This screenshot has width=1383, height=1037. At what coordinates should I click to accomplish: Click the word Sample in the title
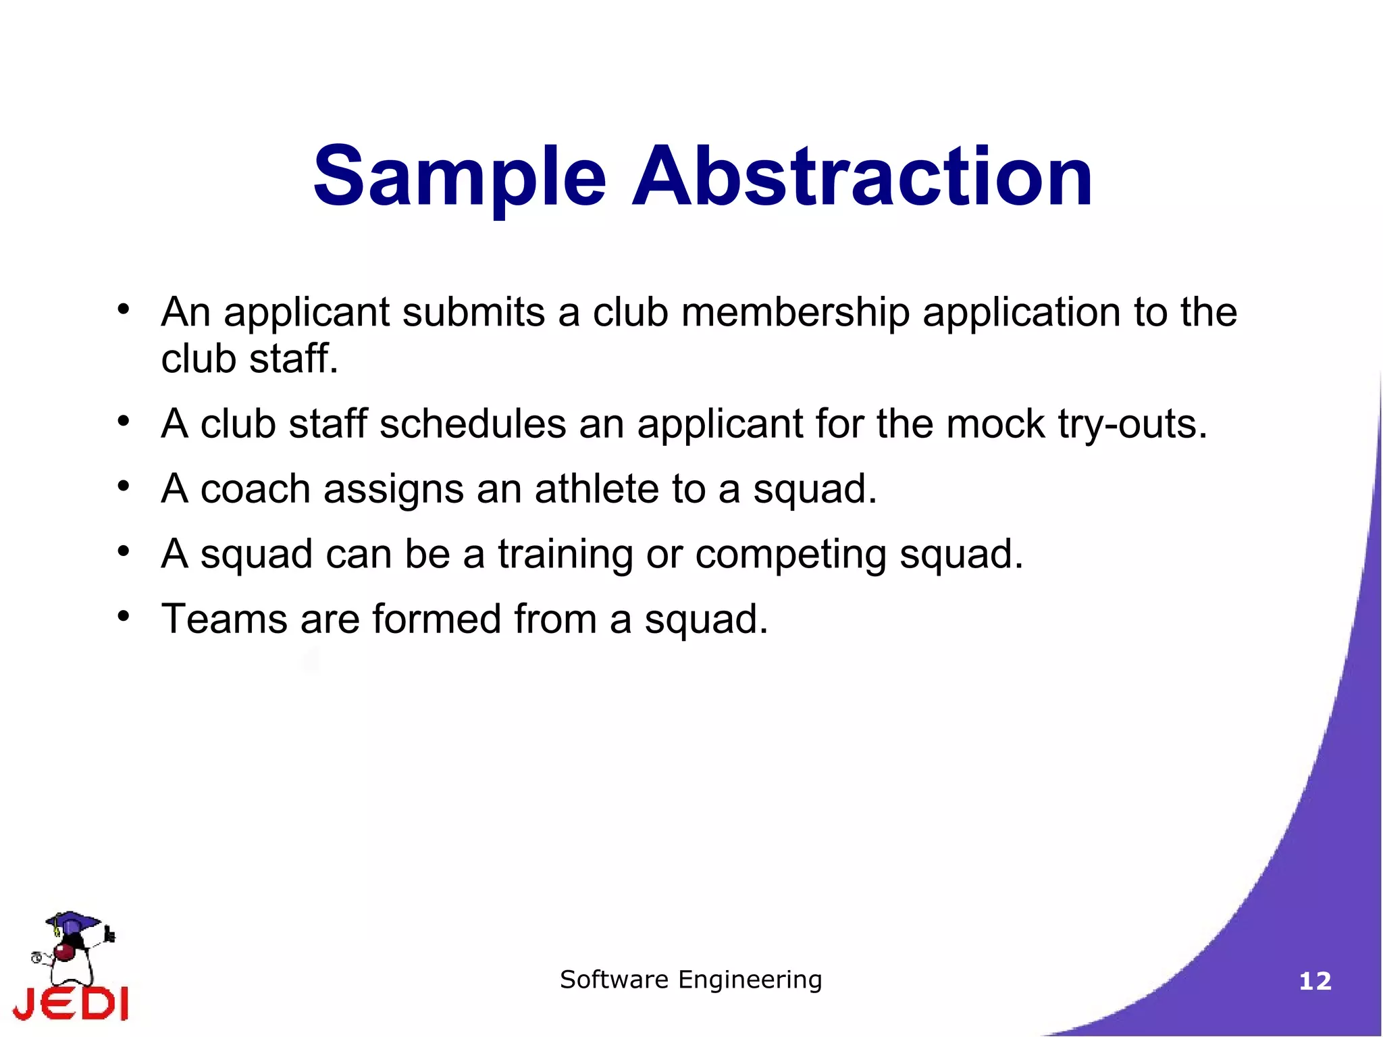click(459, 177)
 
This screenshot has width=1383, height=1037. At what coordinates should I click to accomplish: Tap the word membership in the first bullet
click(795, 313)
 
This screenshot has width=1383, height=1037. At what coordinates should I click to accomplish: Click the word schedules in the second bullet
click(473, 424)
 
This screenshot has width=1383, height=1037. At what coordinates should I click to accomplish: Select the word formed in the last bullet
click(436, 619)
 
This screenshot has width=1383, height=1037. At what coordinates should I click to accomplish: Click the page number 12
click(1315, 981)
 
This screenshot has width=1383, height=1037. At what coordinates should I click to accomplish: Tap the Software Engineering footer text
click(691, 980)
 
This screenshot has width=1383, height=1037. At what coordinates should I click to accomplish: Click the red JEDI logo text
click(71, 1003)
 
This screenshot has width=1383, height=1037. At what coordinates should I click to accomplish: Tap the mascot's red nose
click(64, 953)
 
